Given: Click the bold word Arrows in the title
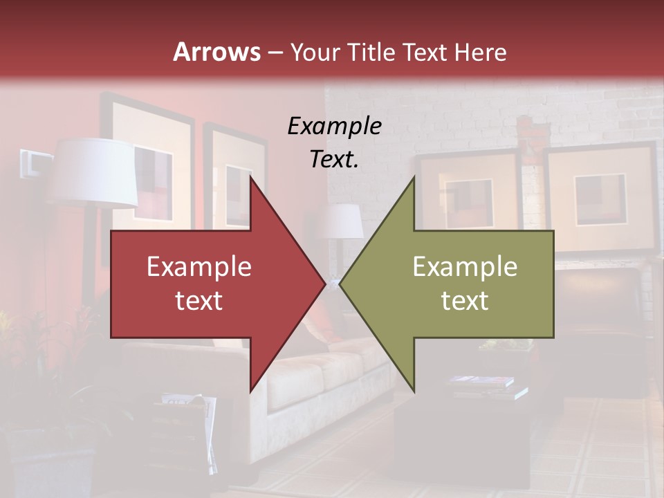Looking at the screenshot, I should [x=217, y=52].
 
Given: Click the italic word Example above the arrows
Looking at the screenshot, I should [x=334, y=126].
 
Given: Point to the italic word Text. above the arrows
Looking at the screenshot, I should [x=334, y=159].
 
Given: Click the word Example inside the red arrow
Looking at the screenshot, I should [x=199, y=266].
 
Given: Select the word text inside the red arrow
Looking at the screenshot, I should [x=199, y=300].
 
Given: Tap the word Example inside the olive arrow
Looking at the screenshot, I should [x=465, y=266].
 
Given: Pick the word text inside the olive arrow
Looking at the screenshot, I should [x=465, y=300].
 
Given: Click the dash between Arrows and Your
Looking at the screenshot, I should [x=275, y=52].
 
